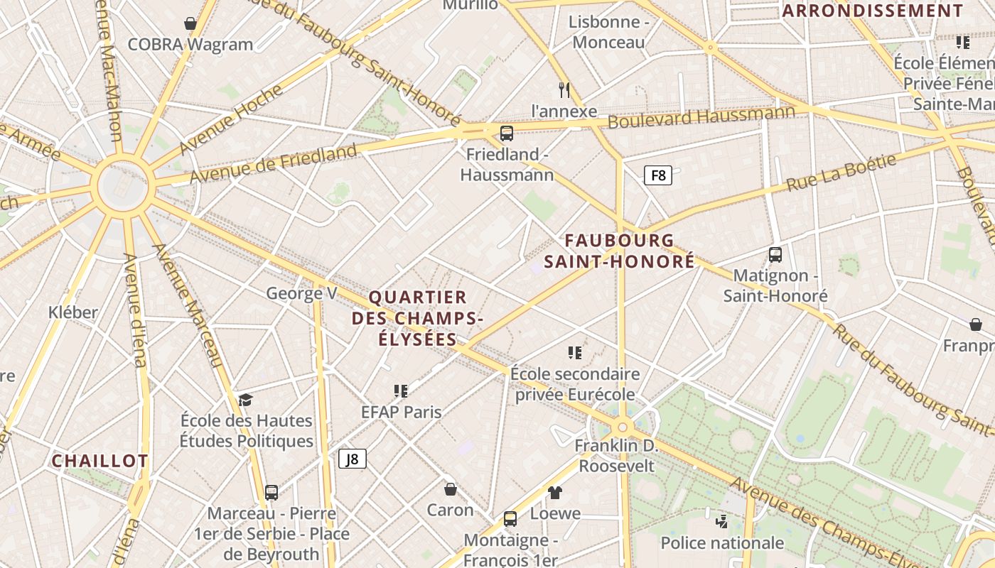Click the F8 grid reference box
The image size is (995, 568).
[658, 175]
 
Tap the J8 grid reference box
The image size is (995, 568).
[353, 459]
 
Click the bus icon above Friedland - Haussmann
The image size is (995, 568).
[507, 133]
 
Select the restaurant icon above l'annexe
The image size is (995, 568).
[564, 90]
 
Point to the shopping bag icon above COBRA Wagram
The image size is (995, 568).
[190, 23]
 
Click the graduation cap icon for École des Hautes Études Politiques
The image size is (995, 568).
[246, 400]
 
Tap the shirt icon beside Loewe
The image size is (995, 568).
[555, 492]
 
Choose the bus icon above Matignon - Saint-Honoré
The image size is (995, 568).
[775, 254]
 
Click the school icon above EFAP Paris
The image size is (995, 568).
[401, 390]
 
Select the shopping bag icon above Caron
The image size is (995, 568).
[450, 489]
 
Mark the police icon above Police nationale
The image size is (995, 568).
[722, 522]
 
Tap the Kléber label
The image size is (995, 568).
[73, 312]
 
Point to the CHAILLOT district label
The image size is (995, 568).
[99, 461]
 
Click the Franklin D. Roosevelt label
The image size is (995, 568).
[616, 457]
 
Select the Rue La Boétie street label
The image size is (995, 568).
[841, 173]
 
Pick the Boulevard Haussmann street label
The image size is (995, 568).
[701, 116]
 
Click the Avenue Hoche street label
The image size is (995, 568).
[231, 119]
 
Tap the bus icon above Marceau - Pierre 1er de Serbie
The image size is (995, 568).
[271, 492]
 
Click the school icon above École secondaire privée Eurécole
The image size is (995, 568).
[575, 352]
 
